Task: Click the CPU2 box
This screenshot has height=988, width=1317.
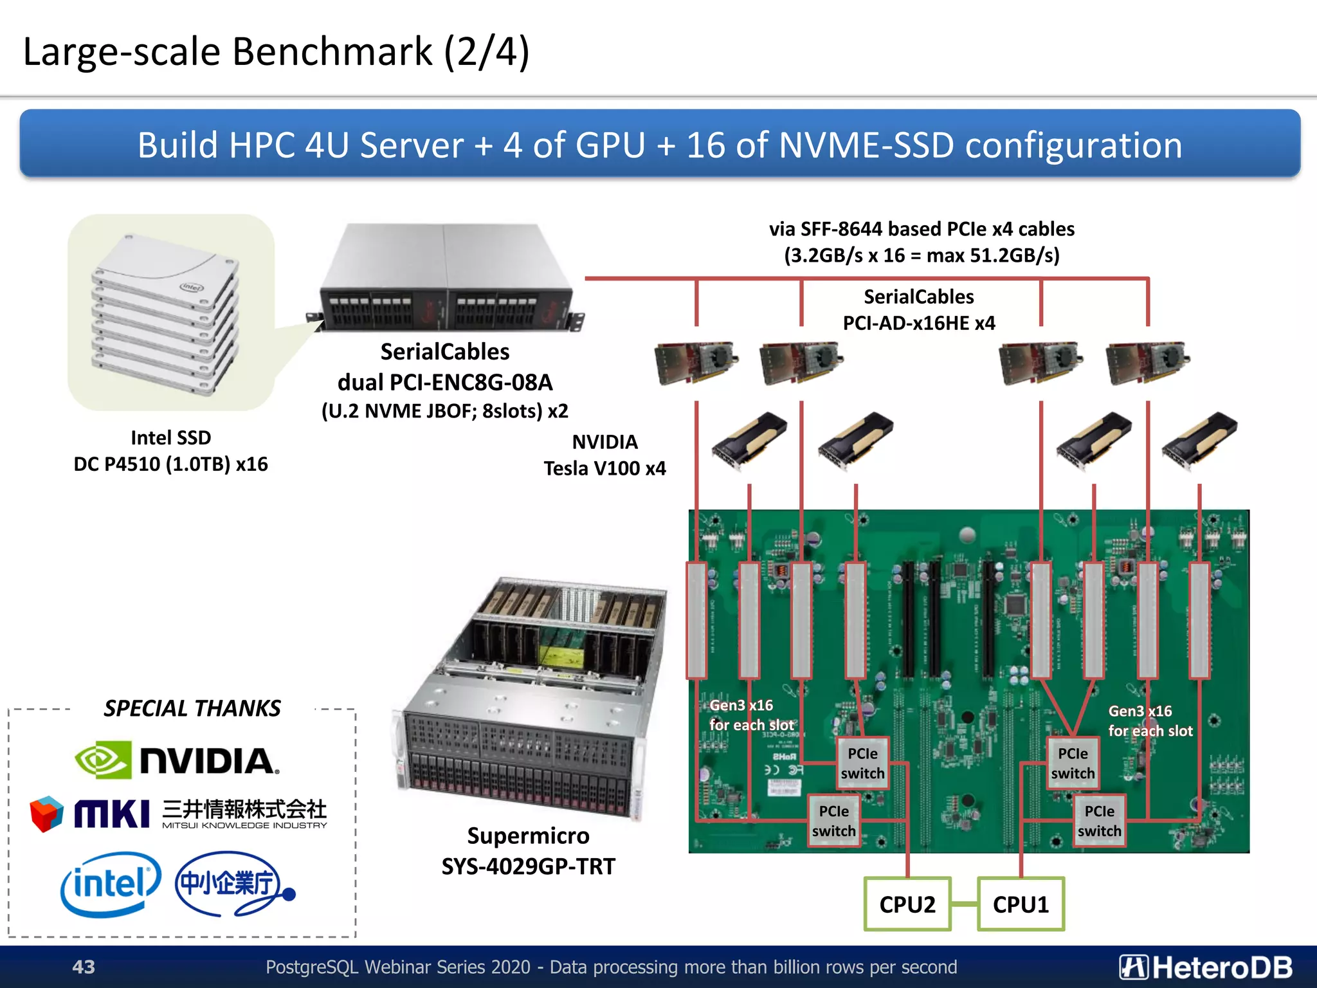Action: [907, 904]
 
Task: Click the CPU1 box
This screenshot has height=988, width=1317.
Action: [1021, 904]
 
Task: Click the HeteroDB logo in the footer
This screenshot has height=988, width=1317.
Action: [1206, 967]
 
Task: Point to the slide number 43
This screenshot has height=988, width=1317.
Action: [84, 967]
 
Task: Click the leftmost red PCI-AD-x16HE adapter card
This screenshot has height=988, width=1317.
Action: [696, 361]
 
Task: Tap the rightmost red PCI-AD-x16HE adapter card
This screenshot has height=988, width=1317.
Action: [1147, 361]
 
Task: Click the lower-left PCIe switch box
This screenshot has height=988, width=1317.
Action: [833, 821]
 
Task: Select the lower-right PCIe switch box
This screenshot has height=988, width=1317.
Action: [1099, 821]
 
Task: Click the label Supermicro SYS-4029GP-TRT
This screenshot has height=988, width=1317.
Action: [528, 851]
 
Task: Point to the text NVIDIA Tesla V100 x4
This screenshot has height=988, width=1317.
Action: [604, 455]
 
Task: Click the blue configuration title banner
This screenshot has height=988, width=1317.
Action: [659, 144]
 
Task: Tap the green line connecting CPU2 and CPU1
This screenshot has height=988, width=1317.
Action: [964, 904]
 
